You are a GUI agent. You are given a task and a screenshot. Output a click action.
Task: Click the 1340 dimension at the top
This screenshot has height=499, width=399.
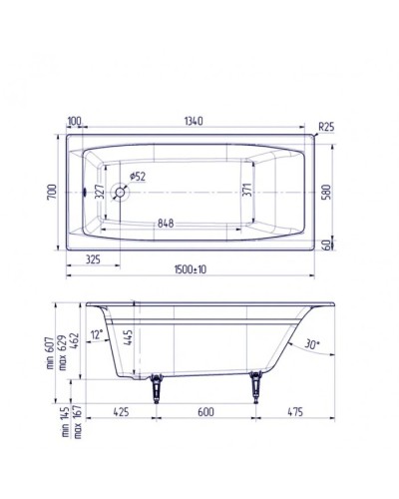(x=195, y=122)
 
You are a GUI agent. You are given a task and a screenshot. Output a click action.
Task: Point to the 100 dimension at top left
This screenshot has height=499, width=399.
(x=74, y=122)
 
